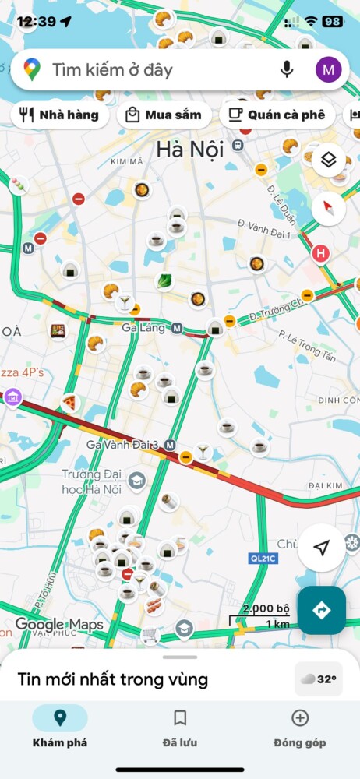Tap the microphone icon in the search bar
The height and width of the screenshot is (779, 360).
pyautogui.click(x=287, y=70)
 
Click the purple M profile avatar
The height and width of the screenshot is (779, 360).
pyautogui.click(x=328, y=70)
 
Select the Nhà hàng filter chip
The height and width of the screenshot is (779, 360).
pyautogui.click(x=59, y=115)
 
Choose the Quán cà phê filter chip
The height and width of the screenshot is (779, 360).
pyautogui.click(x=276, y=115)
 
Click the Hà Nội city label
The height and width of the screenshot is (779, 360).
pyautogui.click(x=189, y=149)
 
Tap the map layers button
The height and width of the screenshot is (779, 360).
pyautogui.click(x=329, y=160)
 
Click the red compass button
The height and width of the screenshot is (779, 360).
pyautogui.click(x=329, y=208)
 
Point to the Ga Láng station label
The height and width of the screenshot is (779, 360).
pyautogui.click(x=143, y=328)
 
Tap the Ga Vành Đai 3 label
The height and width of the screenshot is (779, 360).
pyautogui.click(x=122, y=445)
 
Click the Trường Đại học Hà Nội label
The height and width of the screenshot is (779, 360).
pyautogui.click(x=92, y=482)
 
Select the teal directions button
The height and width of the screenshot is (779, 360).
pyautogui.click(x=321, y=610)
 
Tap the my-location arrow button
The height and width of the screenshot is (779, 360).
pyautogui.click(x=321, y=548)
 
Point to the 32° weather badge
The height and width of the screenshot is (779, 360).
pyautogui.click(x=318, y=679)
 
